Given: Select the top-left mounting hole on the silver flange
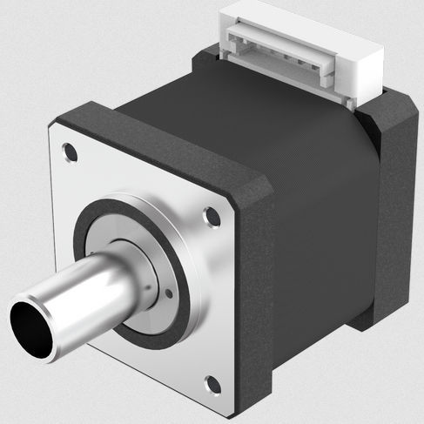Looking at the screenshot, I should pyautogui.click(x=71, y=155).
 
